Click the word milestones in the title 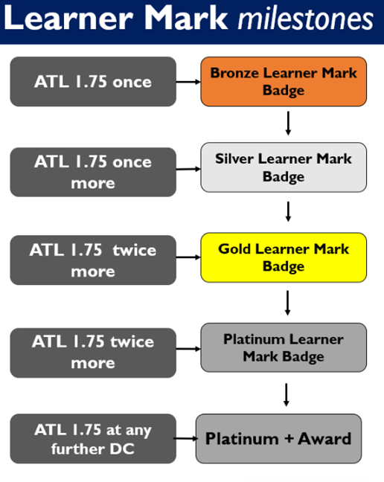(x=306, y=19)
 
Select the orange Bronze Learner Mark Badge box (x=284, y=82)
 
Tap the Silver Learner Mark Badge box (x=284, y=167)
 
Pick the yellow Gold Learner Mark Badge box (x=284, y=257)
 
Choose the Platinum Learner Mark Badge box (x=284, y=347)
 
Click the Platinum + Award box (x=278, y=439)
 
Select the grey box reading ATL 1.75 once (x=93, y=82)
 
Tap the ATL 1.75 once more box (x=93, y=172)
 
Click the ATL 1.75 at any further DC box (x=93, y=439)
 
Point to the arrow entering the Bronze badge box (x=188, y=82)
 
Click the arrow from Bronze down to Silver (x=288, y=123)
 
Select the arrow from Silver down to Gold (x=288, y=211)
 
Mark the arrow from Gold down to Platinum (x=287, y=303)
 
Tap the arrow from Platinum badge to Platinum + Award (x=287, y=395)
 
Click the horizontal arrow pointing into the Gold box (x=188, y=257)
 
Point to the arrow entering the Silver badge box (x=188, y=169)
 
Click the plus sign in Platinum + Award (x=289, y=439)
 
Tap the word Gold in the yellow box (x=235, y=248)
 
